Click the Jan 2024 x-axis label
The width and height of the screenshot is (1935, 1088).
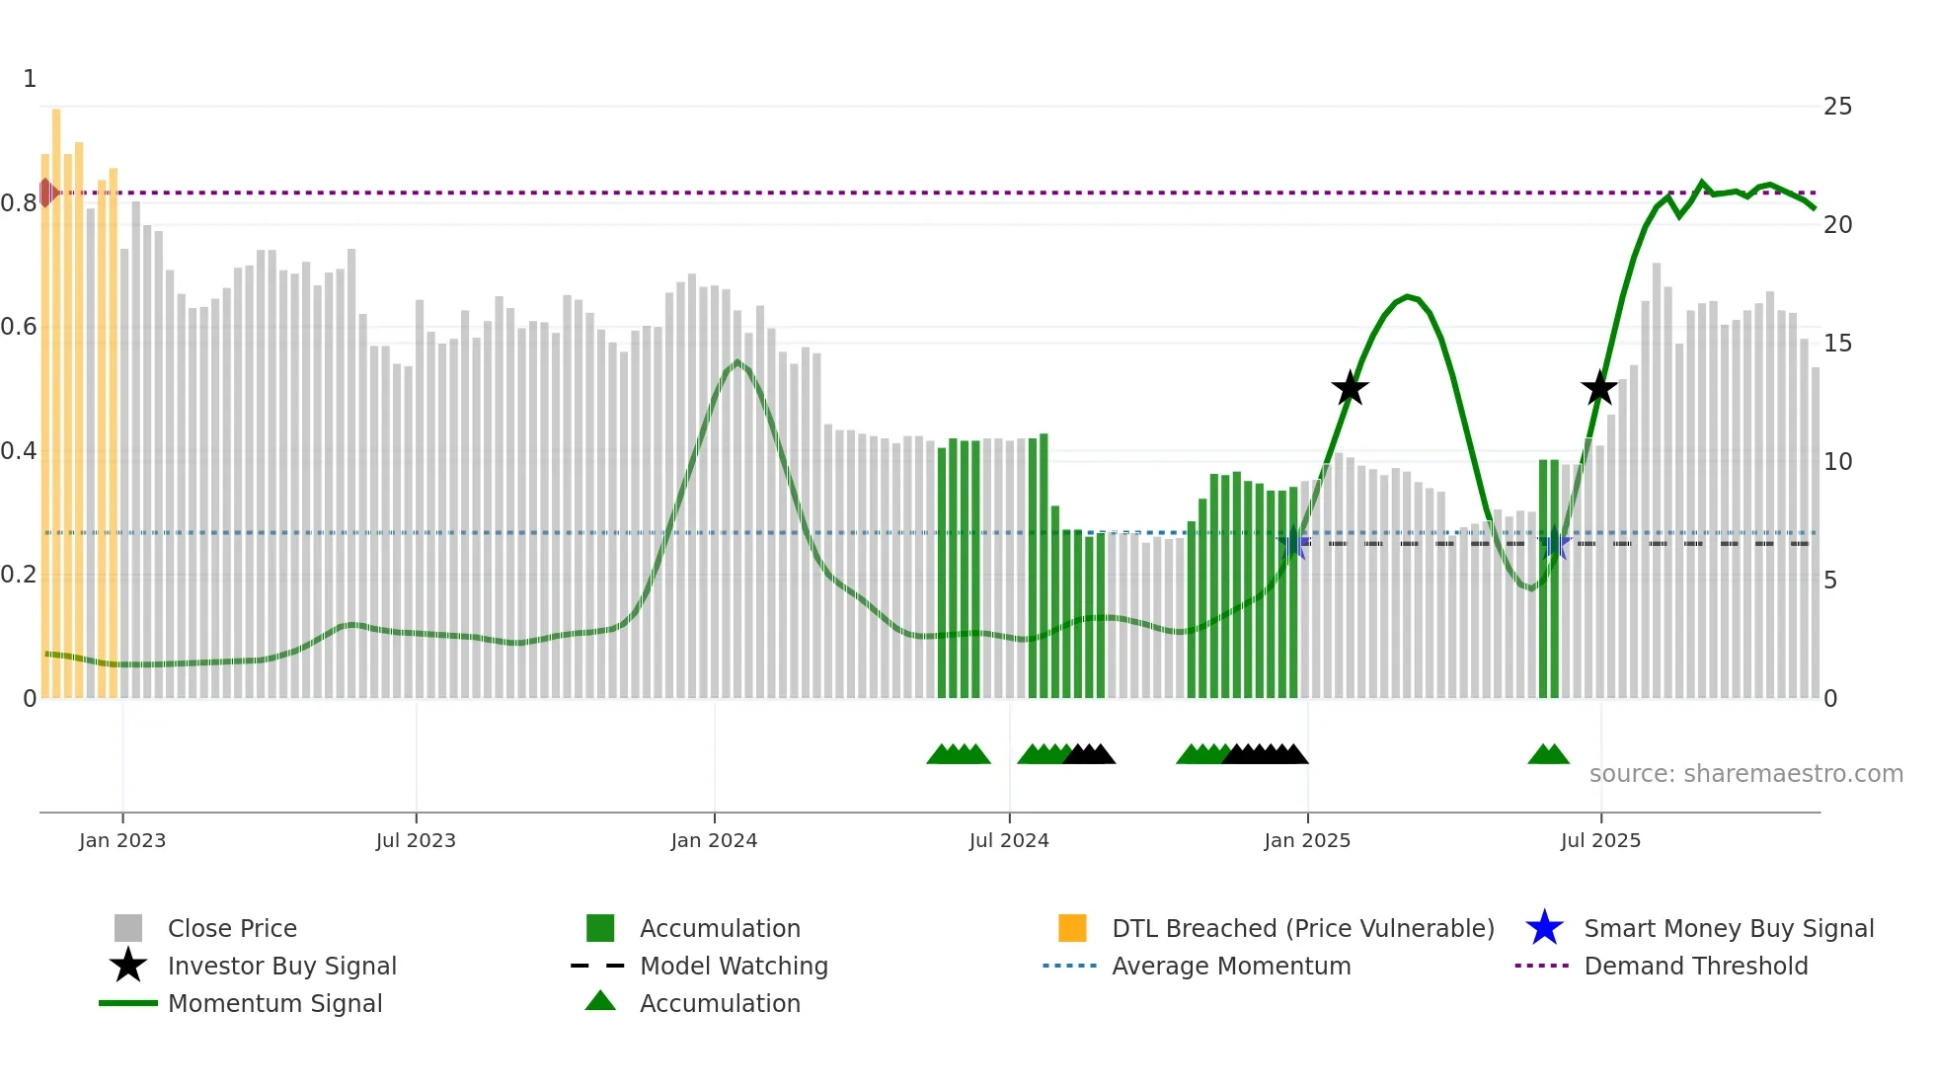pyautogui.click(x=714, y=840)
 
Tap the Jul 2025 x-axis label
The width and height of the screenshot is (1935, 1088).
pyautogui.click(x=1600, y=840)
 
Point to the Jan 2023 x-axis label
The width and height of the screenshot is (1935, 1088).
pyautogui.click(x=122, y=840)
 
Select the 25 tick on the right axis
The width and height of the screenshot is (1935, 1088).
pyautogui.click(x=1837, y=106)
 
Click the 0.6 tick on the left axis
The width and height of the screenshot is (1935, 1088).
pyautogui.click(x=19, y=327)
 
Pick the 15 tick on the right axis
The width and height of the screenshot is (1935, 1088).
pyautogui.click(x=1837, y=343)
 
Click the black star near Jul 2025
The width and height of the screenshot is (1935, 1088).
pyautogui.click(x=1599, y=388)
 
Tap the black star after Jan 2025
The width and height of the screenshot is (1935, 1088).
pyautogui.click(x=1350, y=388)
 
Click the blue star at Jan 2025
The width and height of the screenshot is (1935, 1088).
pyautogui.click(x=1293, y=543)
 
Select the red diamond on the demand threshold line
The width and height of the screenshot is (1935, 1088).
pyautogui.click(x=46, y=193)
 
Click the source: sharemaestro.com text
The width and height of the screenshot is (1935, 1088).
pyautogui.click(x=1745, y=773)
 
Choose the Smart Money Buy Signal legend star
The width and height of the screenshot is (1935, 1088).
pyautogui.click(x=1544, y=928)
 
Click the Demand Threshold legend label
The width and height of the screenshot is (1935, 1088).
pyautogui.click(x=1695, y=966)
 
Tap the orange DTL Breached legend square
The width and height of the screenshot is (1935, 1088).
pyautogui.click(x=1072, y=928)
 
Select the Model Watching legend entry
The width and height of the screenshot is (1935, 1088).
pyautogui.click(x=734, y=966)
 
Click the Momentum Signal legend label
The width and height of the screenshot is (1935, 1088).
pyautogui.click(x=274, y=1003)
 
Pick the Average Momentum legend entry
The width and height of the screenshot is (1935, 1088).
pyautogui.click(x=1230, y=966)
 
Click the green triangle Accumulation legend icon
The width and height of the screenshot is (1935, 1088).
pyautogui.click(x=600, y=1002)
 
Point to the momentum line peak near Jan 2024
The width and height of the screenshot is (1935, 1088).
pyautogui.click(x=737, y=362)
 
